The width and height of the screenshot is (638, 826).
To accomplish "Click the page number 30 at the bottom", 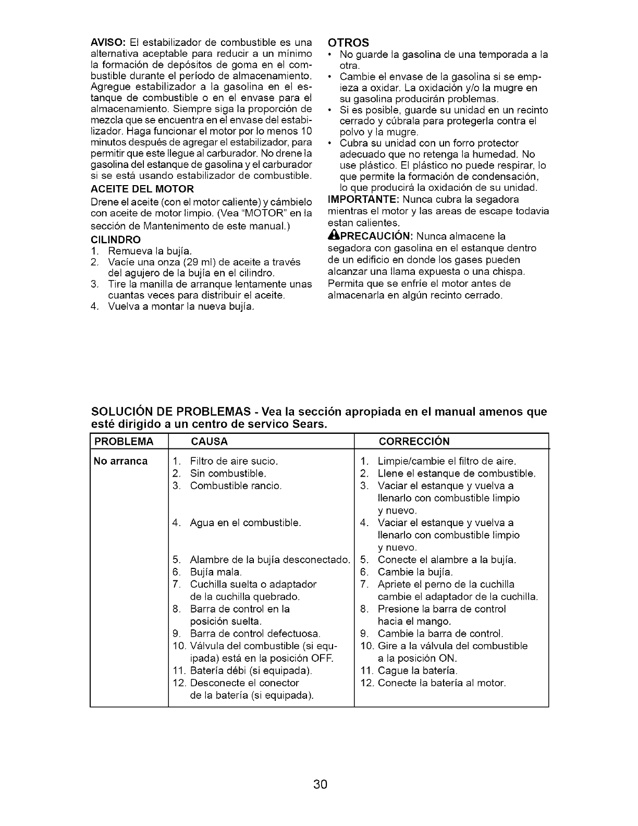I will click(x=320, y=784).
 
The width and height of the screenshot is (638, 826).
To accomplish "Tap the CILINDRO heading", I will click(x=116, y=240).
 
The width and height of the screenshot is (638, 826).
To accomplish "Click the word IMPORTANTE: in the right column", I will click(x=364, y=200).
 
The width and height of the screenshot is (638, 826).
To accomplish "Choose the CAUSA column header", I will click(x=210, y=442).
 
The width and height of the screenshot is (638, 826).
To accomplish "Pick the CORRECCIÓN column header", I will click(x=414, y=442).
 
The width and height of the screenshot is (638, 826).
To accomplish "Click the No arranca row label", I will click(x=120, y=461).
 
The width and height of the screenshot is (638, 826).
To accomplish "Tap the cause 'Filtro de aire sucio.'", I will click(x=234, y=461).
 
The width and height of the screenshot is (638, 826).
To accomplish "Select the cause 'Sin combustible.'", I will click(x=228, y=473).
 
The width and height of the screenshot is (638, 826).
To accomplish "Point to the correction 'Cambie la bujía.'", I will click(x=415, y=572).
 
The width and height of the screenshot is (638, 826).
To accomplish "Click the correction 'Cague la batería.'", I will click(x=417, y=671).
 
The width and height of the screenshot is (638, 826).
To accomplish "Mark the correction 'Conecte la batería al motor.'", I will click(x=441, y=683).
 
